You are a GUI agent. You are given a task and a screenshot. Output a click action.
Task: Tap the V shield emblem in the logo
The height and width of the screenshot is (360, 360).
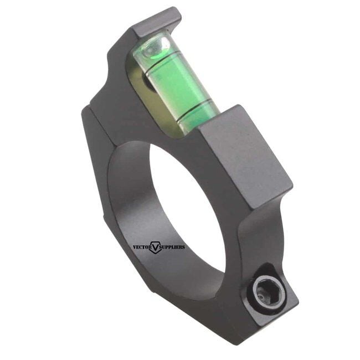pos(155,248)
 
